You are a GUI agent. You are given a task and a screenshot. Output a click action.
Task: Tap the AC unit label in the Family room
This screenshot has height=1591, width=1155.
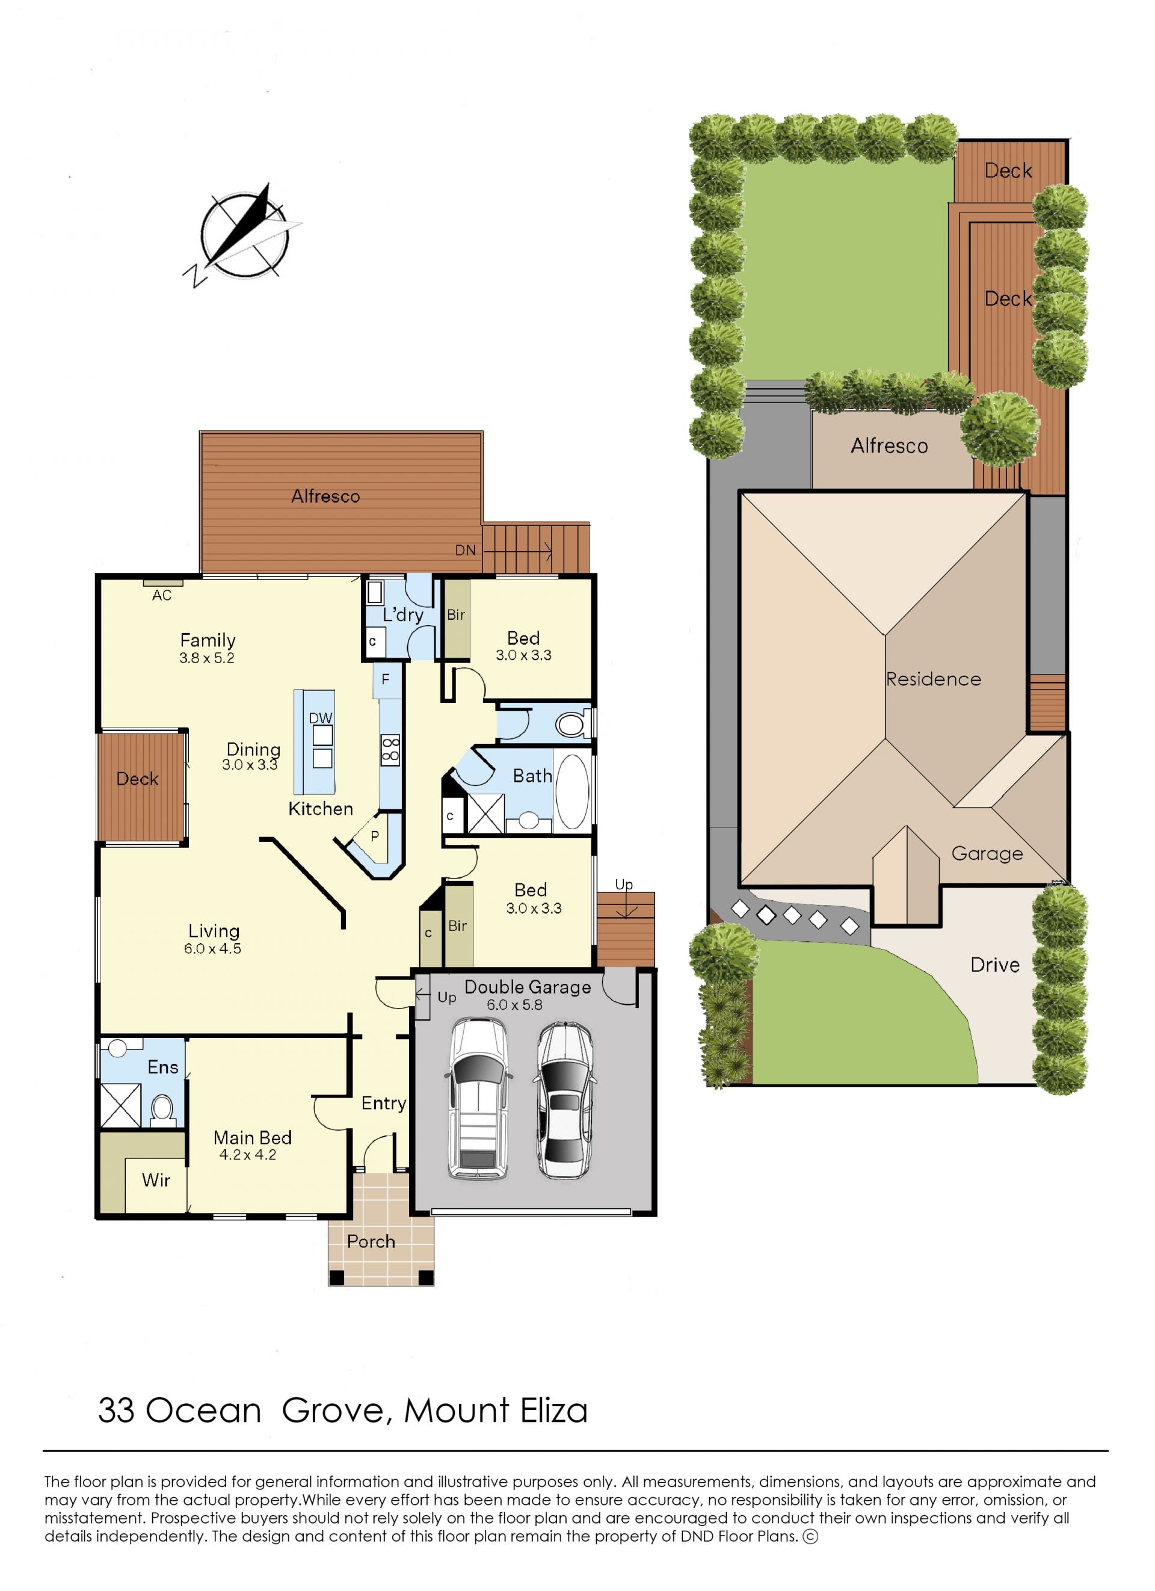pos(162,596)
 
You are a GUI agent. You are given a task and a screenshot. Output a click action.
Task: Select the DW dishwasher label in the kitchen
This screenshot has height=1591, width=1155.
pos(321,718)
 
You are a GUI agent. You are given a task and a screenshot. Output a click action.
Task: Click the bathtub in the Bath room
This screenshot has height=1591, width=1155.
pos(573,792)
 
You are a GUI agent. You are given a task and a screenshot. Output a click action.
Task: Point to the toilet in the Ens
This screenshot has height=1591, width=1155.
pos(162,1109)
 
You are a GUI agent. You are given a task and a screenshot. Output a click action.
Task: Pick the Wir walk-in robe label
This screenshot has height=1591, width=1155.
pos(156,1180)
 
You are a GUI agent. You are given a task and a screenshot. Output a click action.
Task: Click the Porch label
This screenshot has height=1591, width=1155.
pos(371,1241)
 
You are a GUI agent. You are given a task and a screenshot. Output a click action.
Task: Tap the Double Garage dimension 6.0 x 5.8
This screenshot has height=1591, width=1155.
pos(515,1004)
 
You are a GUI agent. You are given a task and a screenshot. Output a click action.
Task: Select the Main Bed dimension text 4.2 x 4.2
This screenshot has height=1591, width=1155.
pos(248,1155)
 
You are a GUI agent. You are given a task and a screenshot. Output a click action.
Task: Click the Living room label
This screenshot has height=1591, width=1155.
pos(214,931)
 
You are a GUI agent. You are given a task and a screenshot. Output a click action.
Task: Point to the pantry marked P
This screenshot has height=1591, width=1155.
pos(375,837)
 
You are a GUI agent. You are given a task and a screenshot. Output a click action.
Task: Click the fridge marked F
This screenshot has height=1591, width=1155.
pos(386,680)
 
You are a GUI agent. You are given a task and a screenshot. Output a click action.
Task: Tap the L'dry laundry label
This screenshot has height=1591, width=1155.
pos(402,615)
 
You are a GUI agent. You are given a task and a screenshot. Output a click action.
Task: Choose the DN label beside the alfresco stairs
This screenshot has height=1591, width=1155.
pos(465,550)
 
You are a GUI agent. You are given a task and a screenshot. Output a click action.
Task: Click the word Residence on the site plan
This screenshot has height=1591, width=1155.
pos(934,679)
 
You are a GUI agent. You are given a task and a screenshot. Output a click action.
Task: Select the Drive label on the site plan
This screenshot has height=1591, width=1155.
pos(995,965)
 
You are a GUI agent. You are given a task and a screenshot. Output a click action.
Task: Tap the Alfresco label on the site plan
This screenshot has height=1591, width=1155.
pos(889,445)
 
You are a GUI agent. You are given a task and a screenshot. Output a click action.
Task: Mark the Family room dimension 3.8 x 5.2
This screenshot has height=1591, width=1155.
pos(207,658)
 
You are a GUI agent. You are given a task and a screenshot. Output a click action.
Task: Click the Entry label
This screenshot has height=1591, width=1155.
pos(384,1104)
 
